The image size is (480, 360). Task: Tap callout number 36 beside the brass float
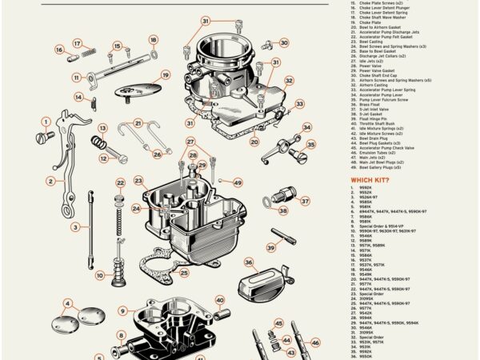tap(249, 262)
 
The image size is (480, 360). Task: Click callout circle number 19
tap(166, 76)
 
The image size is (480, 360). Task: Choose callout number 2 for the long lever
tap(50, 181)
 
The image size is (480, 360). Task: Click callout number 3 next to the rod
tap(74, 227)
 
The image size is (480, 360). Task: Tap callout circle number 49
tap(238, 182)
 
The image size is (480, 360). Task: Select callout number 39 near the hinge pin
tap(271, 249)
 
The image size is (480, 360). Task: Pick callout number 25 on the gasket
tap(184, 273)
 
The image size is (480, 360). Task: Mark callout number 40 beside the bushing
tap(219, 301)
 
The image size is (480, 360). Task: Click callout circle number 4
tap(68, 305)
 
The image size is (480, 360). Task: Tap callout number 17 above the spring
tap(78, 44)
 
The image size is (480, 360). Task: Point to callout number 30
tap(283, 43)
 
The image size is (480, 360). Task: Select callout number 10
tap(99, 275)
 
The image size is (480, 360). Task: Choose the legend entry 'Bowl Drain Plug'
tap(373, 138)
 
